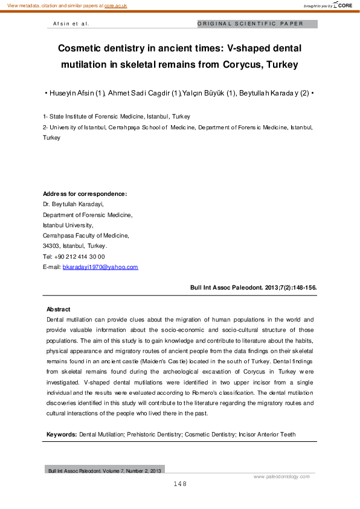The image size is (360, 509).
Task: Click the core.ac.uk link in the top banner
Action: coord(115,5)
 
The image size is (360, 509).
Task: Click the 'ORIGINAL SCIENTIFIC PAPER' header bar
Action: coord(257,24)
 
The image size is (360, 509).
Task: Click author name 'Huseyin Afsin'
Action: coord(75,94)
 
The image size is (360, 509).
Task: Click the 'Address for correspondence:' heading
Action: coord(85,194)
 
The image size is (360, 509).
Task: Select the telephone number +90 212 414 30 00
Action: coord(79,256)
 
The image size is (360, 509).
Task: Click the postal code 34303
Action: coord(51,246)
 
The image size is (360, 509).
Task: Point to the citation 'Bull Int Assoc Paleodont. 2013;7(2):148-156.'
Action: coord(253,288)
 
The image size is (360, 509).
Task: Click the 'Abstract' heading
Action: coord(59,310)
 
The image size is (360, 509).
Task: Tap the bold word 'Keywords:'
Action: coord(62,435)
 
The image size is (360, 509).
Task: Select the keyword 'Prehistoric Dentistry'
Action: coord(154,435)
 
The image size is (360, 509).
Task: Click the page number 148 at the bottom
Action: coord(180,484)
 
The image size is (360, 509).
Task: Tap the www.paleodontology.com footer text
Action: coord(281,476)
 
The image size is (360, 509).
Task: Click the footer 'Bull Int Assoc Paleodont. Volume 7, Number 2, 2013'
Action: coord(104,470)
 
